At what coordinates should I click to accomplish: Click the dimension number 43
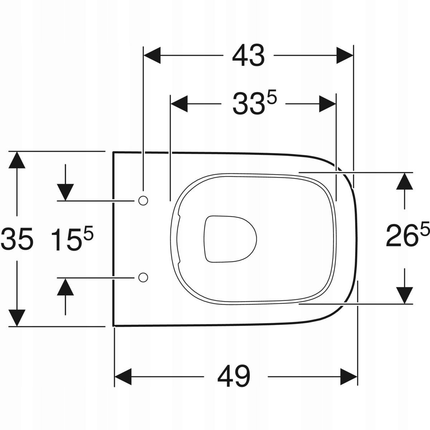[248, 56]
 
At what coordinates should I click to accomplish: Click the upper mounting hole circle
[143, 201]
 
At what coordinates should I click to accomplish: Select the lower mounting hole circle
[143, 277]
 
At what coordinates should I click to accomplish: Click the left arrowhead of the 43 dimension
[152, 56]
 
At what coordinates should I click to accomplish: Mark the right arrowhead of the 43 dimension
[345, 56]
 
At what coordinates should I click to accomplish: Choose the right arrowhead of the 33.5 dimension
[328, 104]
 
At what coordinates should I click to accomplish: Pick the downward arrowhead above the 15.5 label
[65, 192]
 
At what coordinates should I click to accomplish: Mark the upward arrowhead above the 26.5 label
[405, 181]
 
